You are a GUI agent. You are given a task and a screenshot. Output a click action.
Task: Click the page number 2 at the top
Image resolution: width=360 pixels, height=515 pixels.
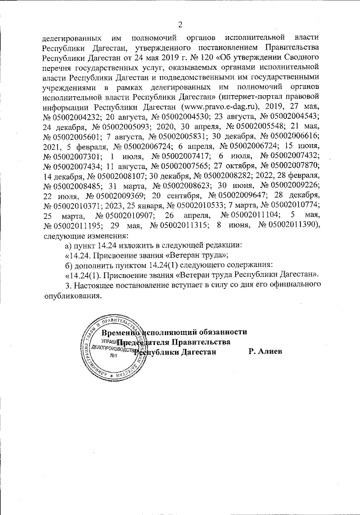[x=181, y=24]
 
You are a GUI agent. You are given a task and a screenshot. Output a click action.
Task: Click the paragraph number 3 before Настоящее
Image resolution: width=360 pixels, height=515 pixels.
[x=68, y=285]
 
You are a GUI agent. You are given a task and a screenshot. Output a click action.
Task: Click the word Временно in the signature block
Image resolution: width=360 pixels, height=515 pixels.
[x=116, y=332]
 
